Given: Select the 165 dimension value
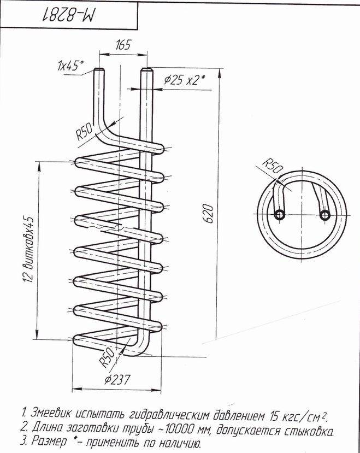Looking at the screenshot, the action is coord(123,45).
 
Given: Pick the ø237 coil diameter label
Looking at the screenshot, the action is coord(117,380).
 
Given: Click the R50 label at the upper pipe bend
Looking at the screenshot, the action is coord(84,132).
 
